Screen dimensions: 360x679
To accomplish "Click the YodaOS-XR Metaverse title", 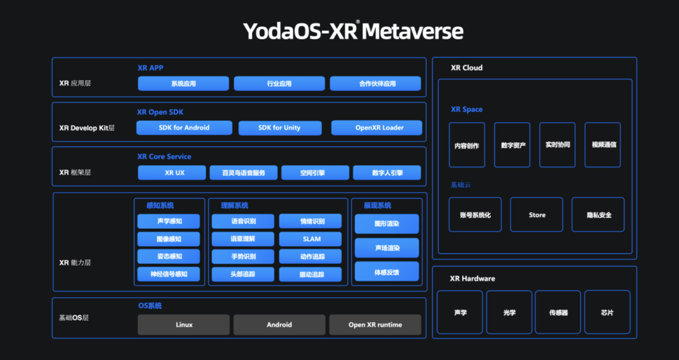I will [x=353, y=31].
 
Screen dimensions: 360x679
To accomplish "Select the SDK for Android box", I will [x=184, y=128].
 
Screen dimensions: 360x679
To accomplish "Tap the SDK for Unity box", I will [x=280, y=128].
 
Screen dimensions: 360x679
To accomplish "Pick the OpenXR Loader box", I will [x=377, y=128].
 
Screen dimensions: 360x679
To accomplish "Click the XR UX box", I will [x=172, y=173].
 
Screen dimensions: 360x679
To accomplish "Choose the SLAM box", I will [x=311, y=239].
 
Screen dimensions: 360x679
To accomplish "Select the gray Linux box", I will [x=184, y=325].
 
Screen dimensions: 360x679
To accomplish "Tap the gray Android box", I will [x=279, y=325].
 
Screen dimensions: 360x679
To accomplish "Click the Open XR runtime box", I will [x=375, y=325].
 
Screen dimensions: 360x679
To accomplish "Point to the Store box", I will [x=537, y=215].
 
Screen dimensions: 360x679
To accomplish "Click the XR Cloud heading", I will [x=466, y=68].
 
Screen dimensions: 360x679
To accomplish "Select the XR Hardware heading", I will [x=472, y=278].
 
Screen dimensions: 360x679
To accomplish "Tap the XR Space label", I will [x=466, y=109].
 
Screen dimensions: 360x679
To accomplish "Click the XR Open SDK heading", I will [x=160, y=112].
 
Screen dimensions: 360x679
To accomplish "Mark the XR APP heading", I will [x=150, y=68].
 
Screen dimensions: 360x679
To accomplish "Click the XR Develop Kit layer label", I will [x=87, y=128].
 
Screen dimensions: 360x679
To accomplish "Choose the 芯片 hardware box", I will [x=607, y=312].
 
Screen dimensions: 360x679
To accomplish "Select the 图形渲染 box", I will [x=387, y=224].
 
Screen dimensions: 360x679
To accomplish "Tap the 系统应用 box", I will [x=184, y=84].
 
